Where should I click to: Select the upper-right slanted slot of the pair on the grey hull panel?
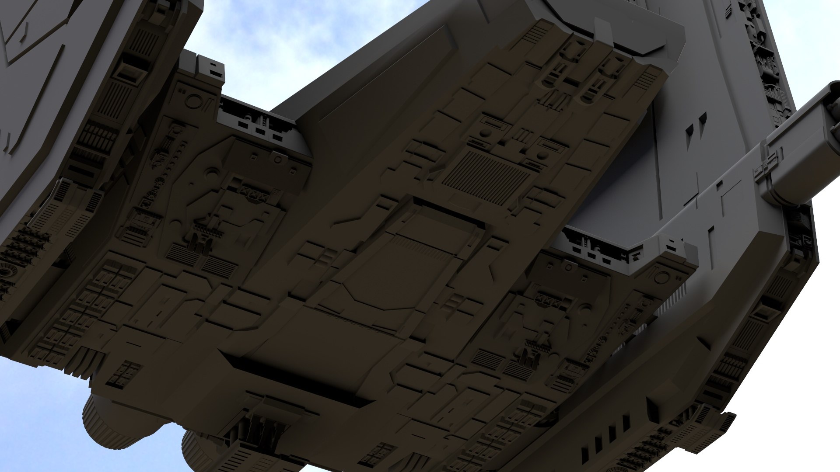(701, 119)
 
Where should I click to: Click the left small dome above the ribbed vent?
(485, 133)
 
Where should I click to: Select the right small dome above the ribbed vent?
(541, 156)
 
